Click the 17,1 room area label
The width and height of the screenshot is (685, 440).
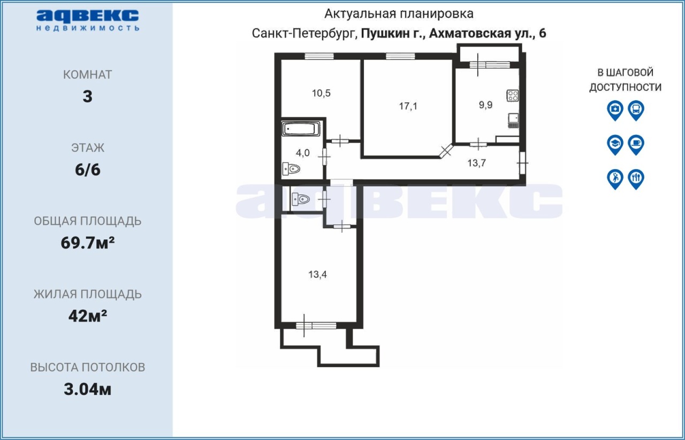(408, 106)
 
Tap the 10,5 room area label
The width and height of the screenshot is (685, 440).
(321, 93)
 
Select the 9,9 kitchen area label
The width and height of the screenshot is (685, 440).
(485, 105)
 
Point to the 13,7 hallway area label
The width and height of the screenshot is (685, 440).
(476, 163)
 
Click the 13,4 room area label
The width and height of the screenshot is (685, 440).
(317, 275)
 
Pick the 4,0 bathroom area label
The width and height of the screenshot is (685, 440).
(303, 153)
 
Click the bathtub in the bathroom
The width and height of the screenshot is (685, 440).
(301, 129)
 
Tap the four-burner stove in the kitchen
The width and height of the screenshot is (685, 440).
(513, 95)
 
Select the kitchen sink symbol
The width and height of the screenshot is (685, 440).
(513, 120)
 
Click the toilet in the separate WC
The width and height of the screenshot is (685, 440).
(301, 200)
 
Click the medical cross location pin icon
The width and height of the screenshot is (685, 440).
(615, 110)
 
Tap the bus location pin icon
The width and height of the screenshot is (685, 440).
(636, 110)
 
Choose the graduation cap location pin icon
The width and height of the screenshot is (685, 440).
(615, 145)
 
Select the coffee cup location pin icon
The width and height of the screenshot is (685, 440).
(636, 145)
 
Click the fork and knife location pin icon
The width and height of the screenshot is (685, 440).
(636, 179)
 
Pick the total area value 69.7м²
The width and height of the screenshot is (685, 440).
(88, 243)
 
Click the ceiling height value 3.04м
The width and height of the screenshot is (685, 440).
(87, 390)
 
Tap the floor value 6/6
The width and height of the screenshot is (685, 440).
(87, 170)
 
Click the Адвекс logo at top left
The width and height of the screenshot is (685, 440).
(87, 20)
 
